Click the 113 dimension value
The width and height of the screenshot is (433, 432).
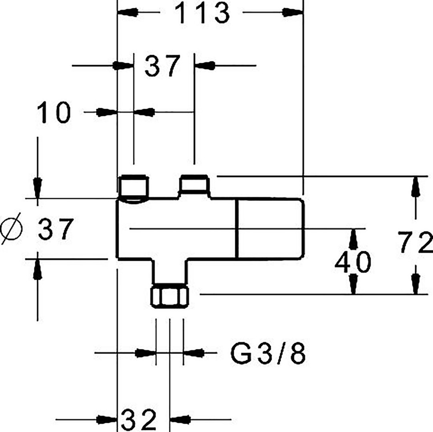pos(202,13)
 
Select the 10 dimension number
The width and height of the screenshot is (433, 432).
pos(54,112)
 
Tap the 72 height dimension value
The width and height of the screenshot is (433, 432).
pos(415,242)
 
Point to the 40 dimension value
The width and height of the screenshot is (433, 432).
pos(353,262)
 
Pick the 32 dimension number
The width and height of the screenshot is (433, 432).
pos(139,420)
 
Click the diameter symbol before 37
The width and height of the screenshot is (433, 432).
pos(11,228)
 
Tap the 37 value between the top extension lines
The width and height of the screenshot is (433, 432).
pos(162,66)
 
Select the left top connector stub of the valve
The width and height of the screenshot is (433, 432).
pos(133,187)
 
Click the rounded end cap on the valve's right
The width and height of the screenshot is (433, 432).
pos(271,229)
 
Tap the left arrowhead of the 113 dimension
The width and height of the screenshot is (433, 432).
pos(128,12)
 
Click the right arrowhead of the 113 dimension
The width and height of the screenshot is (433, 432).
pos(293,12)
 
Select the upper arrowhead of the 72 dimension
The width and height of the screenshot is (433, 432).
pos(415,187)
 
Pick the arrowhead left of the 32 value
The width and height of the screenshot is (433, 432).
pos(107,420)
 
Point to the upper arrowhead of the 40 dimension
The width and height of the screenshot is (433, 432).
pos(353,239)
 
